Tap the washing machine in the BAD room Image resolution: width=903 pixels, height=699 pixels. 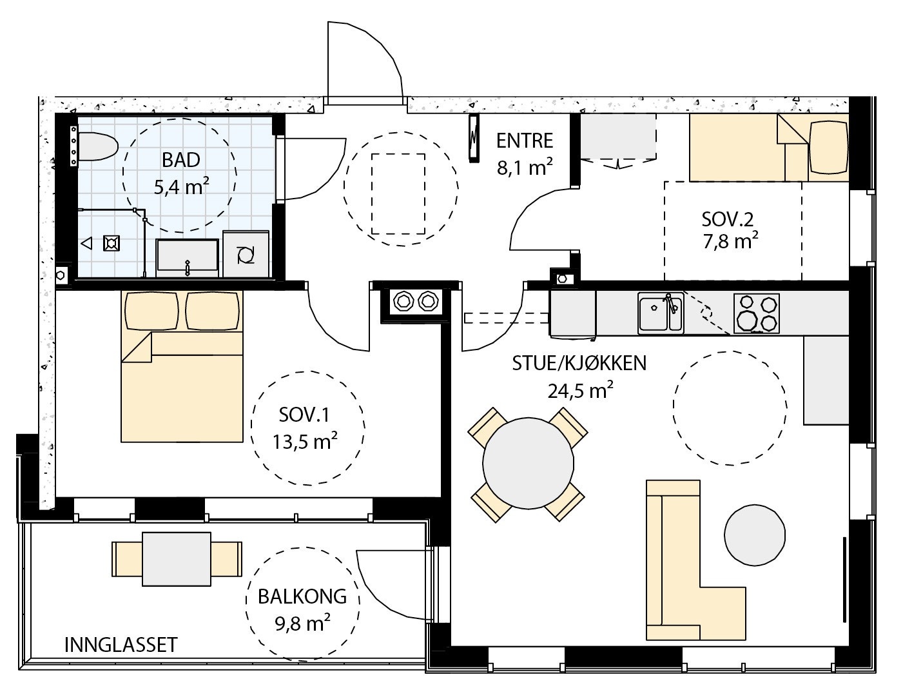pyautogui.click(x=246, y=254)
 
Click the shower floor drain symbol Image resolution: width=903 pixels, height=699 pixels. pyautogui.click(x=112, y=243)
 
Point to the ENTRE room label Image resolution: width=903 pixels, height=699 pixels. pyautogui.click(x=525, y=141)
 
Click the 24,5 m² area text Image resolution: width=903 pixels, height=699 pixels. pyautogui.click(x=580, y=391)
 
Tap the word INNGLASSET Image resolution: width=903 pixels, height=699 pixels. pyautogui.click(x=121, y=645)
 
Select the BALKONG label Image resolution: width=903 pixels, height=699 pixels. pyautogui.click(x=302, y=596)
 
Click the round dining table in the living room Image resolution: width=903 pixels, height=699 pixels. pyautogui.click(x=528, y=464)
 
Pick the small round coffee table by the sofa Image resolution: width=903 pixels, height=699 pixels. pyautogui.click(x=755, y=535)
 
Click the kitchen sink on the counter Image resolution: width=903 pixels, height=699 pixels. pyautogui.click(x=661, y=313)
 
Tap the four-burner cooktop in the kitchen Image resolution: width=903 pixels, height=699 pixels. pyautogui.click(x=756, y=313)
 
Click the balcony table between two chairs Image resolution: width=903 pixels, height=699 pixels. pyautogui.click(x=177, y=559)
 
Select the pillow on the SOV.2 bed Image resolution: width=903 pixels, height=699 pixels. pyautogui.click(x=828, y=147)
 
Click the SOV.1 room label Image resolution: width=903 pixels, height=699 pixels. pyautogui.click(x=304, y=415)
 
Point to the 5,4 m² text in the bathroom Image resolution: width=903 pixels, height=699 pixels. pyautogui.click(x=181, y=187)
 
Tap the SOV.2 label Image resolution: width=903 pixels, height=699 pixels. pyautogui.click(x=727, y=219)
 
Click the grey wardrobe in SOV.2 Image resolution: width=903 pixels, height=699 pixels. pyautogui.click(x=618, y=137)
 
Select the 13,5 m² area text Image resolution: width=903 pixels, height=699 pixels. pyautogui.click(x=305, y=441)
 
